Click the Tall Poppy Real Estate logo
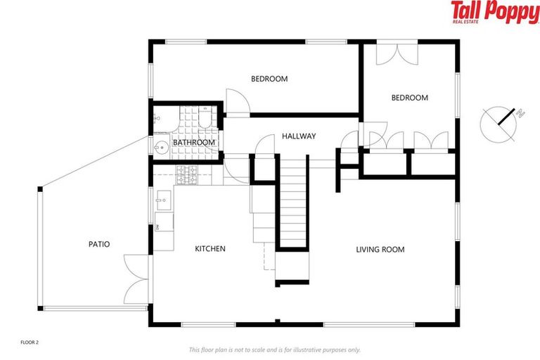click(x=494, y=13)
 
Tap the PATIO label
click(x=98, y=245)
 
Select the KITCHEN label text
click(x=210, y=249)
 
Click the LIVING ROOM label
click(x=380, y=250)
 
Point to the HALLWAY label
click(x=299, y=136)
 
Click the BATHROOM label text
click(x=194, y=143)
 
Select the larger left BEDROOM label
click(x=269, y=79)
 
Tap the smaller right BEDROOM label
click(x=409, y=98)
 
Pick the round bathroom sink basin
click(x=160, y=147)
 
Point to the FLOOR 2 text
click(x=29, y=342)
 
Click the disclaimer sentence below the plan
click(x=274, y=349)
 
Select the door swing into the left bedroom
click(x=236, y=101)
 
